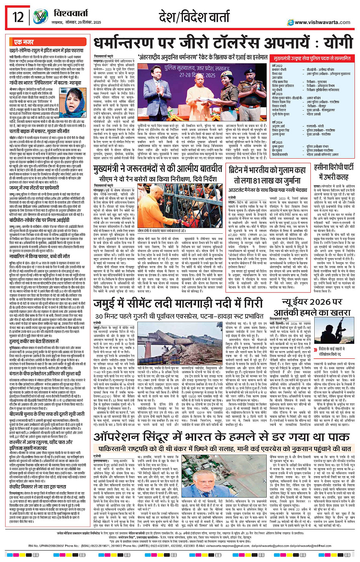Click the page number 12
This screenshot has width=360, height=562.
click(x=18, y=17)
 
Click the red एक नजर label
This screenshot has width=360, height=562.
click(x=24, y=42)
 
